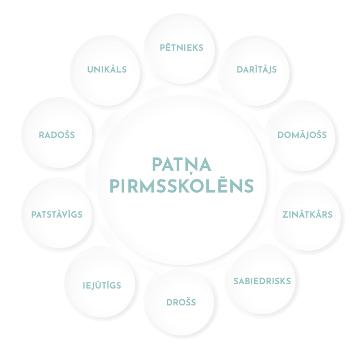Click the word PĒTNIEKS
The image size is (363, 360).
181,48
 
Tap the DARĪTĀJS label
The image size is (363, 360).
257,70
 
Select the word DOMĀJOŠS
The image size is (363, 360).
302,135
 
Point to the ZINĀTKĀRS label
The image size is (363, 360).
307,214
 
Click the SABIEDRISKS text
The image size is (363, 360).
262,281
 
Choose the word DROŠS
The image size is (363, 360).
181,302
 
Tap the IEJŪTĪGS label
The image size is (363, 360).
102,285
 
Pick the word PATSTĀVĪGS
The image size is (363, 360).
53,215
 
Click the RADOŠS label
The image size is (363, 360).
57,135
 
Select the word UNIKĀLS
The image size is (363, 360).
107,70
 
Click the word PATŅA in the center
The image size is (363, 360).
181,164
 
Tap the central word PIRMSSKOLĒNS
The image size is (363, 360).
181,186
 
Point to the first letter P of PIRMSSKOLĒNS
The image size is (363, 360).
114,187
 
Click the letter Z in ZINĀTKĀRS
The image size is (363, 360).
285,214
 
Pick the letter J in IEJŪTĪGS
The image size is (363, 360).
94,285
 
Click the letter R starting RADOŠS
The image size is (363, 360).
41,135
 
